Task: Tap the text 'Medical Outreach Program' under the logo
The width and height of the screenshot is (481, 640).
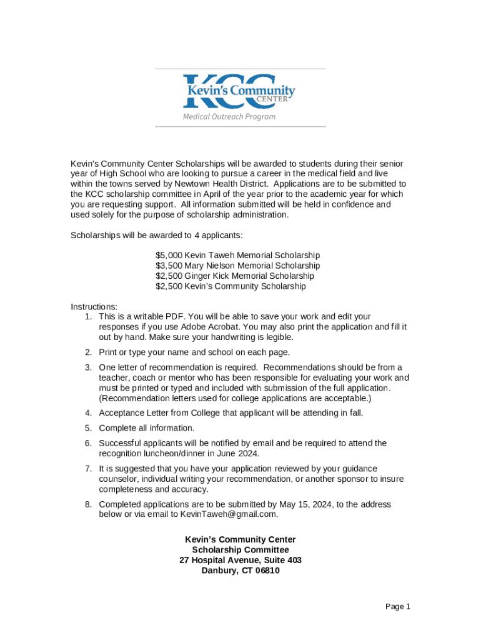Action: pos(229,117)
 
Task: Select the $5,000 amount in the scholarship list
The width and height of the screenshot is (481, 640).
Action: pos(169,255)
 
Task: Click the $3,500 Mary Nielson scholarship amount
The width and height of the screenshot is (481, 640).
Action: pos(169,266)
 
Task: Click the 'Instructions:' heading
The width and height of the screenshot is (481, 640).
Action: pos(94,306)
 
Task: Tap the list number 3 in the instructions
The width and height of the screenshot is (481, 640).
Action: pos(89,367)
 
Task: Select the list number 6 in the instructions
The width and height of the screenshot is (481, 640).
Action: pos(89,443)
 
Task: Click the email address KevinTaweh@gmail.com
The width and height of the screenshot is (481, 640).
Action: pos(228,514)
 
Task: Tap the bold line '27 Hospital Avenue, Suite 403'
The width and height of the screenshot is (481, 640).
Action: pos(241,560)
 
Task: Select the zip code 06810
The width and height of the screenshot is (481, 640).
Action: pos(267,571)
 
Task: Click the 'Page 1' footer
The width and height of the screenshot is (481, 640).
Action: pos(397,606)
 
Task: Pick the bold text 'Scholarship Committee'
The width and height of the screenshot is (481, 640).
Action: pos(241,550)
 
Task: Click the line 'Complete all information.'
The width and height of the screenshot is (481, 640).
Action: pos(147,428)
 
